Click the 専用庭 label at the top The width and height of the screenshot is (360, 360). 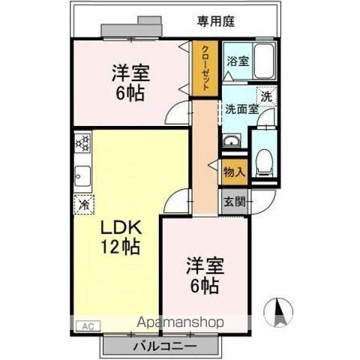tap(216, 22)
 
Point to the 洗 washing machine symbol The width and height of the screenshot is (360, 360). tap(266, 95)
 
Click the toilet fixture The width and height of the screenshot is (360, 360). tap(263, 161)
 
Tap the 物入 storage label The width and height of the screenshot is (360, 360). tap(233, 172)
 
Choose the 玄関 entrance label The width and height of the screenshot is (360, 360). tap(234, 202)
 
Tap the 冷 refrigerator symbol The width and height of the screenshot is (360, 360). tap(84, 202)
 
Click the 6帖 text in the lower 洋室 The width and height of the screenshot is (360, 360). tap(203, 286)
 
